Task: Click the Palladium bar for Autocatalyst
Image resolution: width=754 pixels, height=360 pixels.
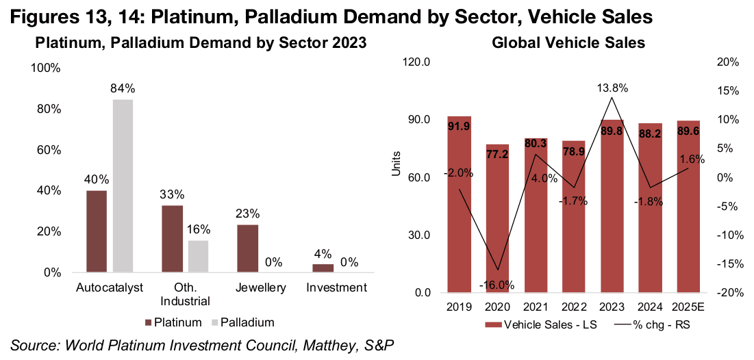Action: pyautogui.click(x=123, y=186)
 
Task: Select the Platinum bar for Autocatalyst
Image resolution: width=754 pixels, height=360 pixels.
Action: pyautogui.click(x=97, y=231)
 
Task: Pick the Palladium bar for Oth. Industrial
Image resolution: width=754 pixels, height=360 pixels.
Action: pyautogui.click(x=199, y=256)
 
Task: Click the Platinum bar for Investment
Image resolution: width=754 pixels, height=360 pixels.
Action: pyautogui.click(x=323, y=268)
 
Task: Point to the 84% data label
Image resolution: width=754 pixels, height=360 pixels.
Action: pyautogui.click(x=123, y=89)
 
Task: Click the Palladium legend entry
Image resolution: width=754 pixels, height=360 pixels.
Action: pyautogui.click(x=244, y=322)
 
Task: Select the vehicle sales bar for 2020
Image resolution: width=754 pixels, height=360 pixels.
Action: pyautogui.click(x=497, y=219)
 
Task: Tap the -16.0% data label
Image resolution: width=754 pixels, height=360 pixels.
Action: pyautogui.click(x=497, y=285)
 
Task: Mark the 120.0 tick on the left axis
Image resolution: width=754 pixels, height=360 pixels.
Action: pyautogui.click(x=416, y=62)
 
